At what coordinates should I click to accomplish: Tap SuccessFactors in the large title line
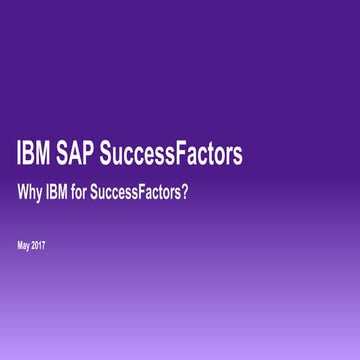(x=177, y=156)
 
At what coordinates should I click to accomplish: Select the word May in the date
(x=24, y=243)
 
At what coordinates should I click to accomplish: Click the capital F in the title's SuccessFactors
(x=184, y=156)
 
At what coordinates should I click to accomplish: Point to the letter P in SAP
(x=99, y=156)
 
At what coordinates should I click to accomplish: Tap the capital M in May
(x=20, y=243)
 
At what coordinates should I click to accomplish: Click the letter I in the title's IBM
(x=20, y=156)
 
